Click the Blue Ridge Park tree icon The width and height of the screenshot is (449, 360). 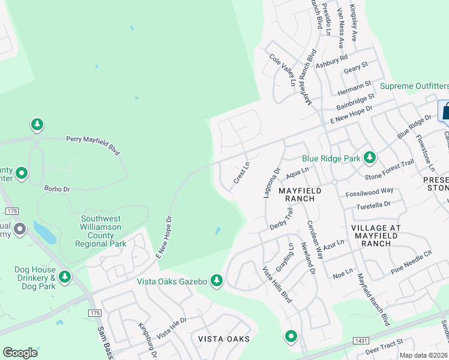(x=370, y=158)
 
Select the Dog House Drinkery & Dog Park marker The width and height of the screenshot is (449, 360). (x=64, y=277)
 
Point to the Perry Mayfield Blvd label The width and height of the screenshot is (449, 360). (x=92, y=145)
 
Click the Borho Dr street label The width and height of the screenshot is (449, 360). (x=57, y=188)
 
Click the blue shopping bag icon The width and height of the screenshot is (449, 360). (x=445, y=111)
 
